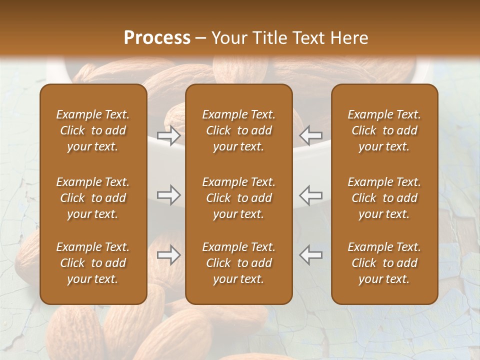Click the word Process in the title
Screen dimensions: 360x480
157,38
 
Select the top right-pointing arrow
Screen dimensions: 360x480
169,135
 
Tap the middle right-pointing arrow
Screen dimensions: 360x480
169,195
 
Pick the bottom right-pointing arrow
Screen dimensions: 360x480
169,255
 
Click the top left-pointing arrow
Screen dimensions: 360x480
311,135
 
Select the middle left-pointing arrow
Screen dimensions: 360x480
311,195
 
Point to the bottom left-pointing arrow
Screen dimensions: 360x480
311,255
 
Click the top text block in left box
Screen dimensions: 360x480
93,130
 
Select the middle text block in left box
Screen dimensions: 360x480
93,198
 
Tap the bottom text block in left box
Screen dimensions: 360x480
93,263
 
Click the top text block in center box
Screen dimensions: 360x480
238,130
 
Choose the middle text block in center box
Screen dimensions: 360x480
238,198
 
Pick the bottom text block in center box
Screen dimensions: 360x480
238,263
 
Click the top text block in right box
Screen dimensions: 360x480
384,130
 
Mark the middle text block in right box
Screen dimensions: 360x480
384,198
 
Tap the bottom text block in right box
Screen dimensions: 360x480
384,263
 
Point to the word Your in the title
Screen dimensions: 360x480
228,38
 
